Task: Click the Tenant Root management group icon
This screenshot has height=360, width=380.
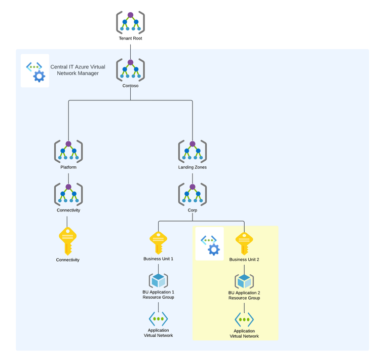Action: coord(131,22)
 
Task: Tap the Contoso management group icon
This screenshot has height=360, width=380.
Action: coord(131,69)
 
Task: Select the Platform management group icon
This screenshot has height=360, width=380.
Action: coord(68,151)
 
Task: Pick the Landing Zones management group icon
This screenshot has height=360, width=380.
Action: coord(193,151)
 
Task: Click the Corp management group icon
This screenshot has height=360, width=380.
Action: coord(193,194)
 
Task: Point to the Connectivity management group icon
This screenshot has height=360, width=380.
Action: coord(68,194)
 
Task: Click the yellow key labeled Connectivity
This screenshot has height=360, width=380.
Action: coord(68,241)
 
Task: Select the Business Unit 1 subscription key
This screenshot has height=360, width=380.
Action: coord(158,243)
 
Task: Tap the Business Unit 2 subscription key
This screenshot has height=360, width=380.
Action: coord(244,243)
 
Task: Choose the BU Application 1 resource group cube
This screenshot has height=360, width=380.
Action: coord(159,280)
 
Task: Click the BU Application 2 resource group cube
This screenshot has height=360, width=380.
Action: coord(244,281)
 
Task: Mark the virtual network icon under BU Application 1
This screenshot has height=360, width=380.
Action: coord(158,318)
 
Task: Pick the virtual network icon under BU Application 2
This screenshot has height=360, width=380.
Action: coord(244,319)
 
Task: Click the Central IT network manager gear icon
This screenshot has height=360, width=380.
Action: coord(35,71)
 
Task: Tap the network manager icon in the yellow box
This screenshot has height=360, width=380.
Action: coord(210,244)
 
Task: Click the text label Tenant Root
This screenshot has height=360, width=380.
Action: coord(131,39)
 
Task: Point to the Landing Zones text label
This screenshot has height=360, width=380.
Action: coord(193,167)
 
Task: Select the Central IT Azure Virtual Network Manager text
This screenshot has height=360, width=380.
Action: coord(78,70)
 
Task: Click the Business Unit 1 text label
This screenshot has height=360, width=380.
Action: coord(158,259)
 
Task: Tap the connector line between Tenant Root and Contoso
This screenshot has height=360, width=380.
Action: coord(131,50)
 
